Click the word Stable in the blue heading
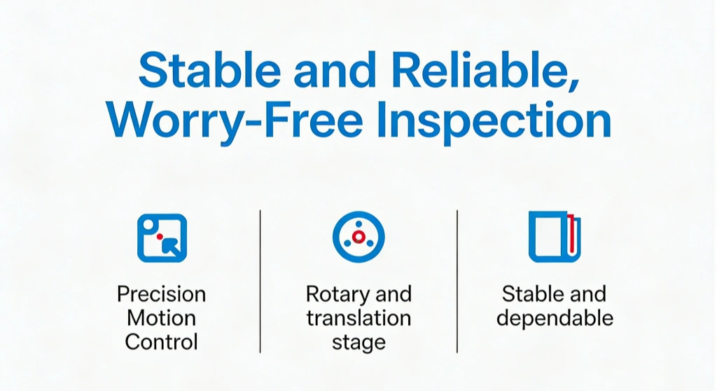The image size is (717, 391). tap(209, 69)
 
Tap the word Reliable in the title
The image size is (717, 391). tap(485, 71)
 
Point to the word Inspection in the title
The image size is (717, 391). tap(494, 121)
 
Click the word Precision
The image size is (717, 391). tap(162, 294)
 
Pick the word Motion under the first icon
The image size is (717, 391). tap(162, 317)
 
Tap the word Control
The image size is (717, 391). tap(162, 341)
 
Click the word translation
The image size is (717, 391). tap(358, 317)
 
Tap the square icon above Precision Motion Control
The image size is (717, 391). tap(162, 238)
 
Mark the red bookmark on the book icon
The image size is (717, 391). tap(571, 233)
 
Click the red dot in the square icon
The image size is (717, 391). tap(160, 237)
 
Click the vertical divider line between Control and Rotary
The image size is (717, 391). tap(260, 282)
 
